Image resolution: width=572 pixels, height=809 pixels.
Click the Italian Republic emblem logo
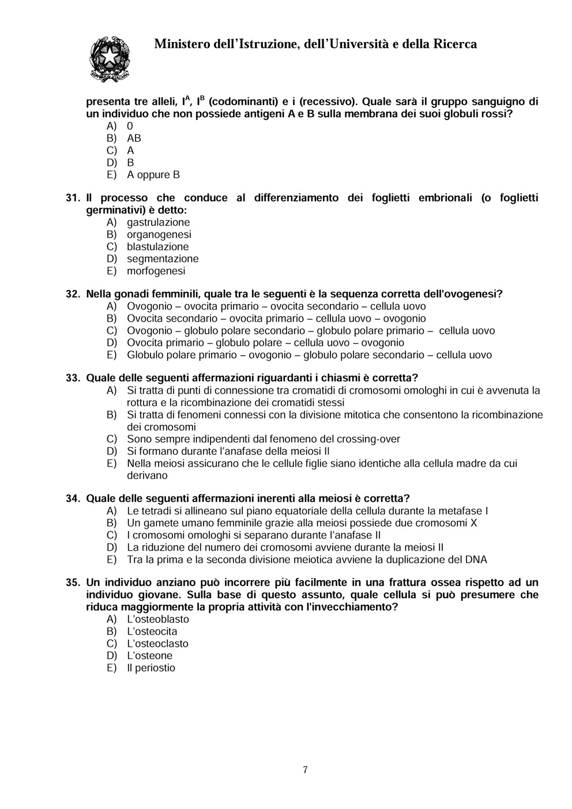pyautogui.click(x=109, y=58)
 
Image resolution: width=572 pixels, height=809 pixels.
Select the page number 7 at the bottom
pyautogui.click(x=305, y=770)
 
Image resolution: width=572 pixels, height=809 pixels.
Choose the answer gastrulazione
pyautogui.click(x=158, y=223)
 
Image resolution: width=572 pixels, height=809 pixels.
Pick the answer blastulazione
pyautogui.click(x=157, y=247)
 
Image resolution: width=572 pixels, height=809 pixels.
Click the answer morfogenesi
pyautogui.click(x=156, y=271)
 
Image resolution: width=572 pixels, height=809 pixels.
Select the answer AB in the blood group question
pyautogui.click(x=134, y=138)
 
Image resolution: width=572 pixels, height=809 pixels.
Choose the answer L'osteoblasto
pyautogui.click(x=157, y=619)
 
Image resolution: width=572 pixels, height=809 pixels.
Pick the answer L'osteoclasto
pyautogui.click(x=157, y=644)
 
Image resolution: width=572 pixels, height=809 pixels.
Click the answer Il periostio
pyautogui.click(x=151, y=668)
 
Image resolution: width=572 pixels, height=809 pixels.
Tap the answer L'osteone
pyautogui.click(x=149, y=656)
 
